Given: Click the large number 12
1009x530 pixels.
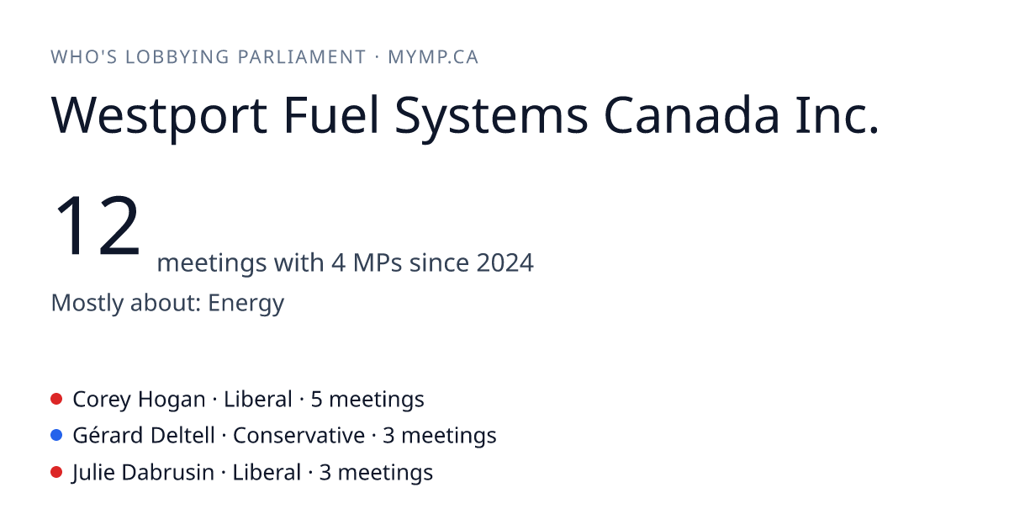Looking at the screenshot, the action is coord(97,225).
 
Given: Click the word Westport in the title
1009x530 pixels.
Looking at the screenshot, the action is coord(159,116).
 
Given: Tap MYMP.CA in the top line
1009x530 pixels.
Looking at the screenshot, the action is coord(433,57).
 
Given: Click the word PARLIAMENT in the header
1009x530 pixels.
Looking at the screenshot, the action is coord(301,57).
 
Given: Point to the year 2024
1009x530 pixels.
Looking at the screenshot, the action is coord(505,262).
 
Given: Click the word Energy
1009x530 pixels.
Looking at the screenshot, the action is coord(246,304).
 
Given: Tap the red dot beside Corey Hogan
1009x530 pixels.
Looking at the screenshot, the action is coord(56,399).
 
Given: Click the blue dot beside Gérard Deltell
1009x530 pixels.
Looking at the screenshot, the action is coord(56,436).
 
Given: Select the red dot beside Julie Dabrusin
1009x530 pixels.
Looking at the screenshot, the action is coord(56,472).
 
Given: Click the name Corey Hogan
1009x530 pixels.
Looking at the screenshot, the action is coord(139,400).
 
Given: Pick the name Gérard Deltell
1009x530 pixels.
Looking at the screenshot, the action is coord(144,436).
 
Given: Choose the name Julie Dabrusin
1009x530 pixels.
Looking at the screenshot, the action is coord(143,473).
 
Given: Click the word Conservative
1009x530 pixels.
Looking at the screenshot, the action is coord(298,436).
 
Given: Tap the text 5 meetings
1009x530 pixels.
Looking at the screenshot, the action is coord(367,400).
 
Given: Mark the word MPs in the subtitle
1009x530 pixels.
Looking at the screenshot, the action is coord(378,262).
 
